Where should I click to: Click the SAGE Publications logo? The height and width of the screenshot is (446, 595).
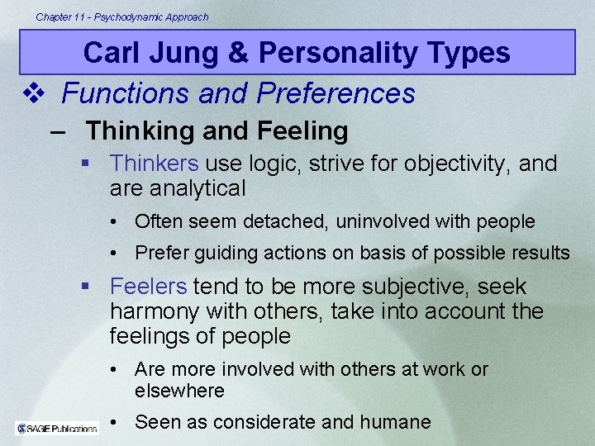point(56,428)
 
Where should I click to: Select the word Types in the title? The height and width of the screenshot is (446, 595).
point(469,53)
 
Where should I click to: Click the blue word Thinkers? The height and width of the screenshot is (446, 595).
point(155,164)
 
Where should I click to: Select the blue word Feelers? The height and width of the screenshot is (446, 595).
point(148,287)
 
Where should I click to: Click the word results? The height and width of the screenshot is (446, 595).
point(540,253)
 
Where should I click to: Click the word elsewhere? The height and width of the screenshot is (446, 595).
point(179,391)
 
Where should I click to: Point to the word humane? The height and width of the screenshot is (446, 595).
point(395,422)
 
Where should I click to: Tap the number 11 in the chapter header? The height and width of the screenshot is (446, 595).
point(79,17)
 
